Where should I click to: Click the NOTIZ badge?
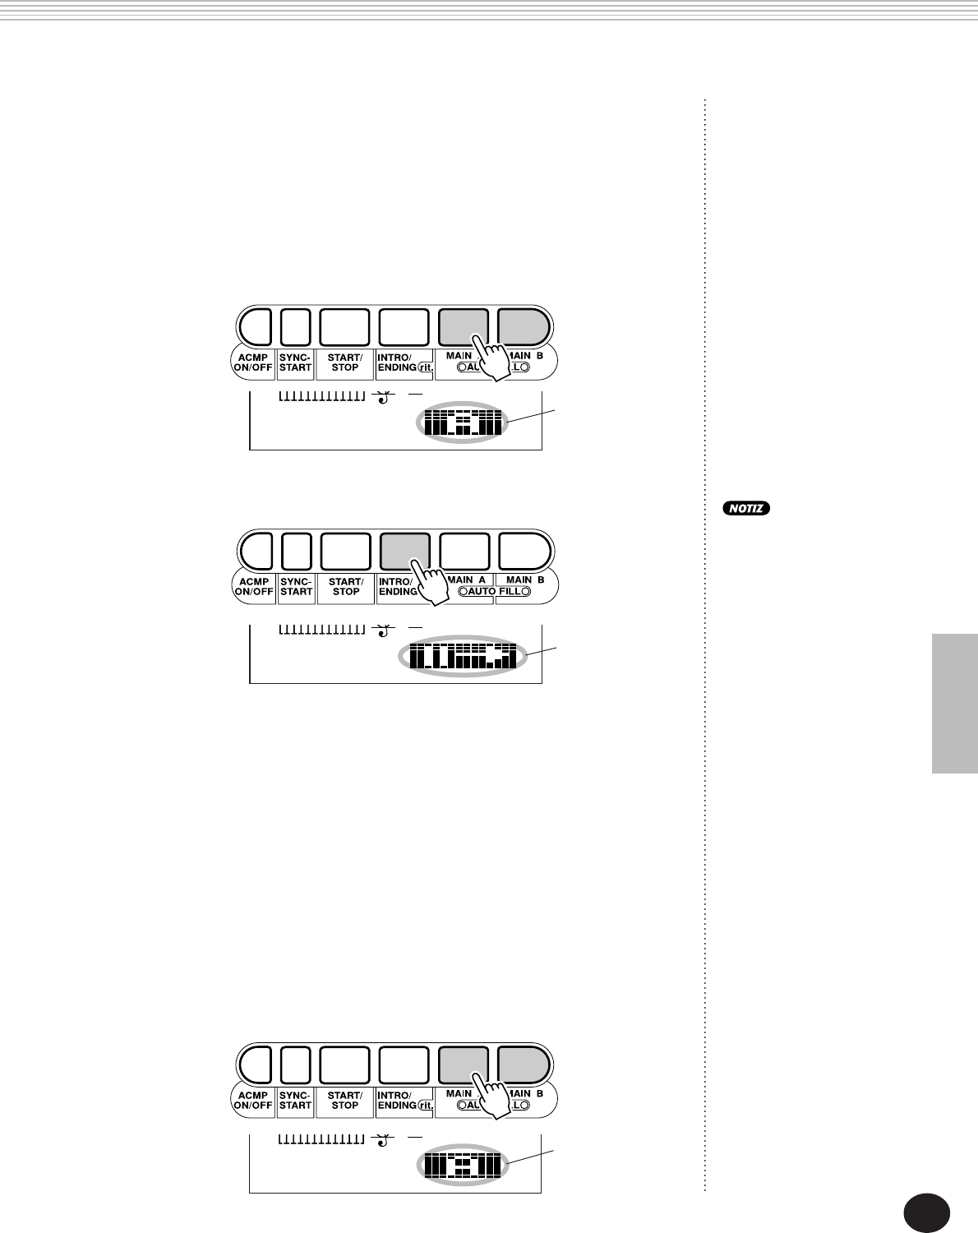746,508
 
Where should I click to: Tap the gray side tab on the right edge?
954,703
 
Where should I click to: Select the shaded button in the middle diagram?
404,551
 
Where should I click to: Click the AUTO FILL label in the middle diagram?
494,592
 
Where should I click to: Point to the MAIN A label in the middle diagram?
467,580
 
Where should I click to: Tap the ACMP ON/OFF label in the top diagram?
253,363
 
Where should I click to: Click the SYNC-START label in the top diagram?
296,363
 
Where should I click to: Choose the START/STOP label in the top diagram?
344,363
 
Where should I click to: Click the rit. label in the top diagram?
426,367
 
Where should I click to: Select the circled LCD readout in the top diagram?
462,423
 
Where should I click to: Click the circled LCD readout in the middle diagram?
464,656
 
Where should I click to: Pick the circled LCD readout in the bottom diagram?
462,1166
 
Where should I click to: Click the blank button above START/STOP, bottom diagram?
344,1064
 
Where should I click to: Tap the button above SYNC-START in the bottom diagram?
296,1064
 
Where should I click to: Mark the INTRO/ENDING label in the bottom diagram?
396,1101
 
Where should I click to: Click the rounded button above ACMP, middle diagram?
255,551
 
